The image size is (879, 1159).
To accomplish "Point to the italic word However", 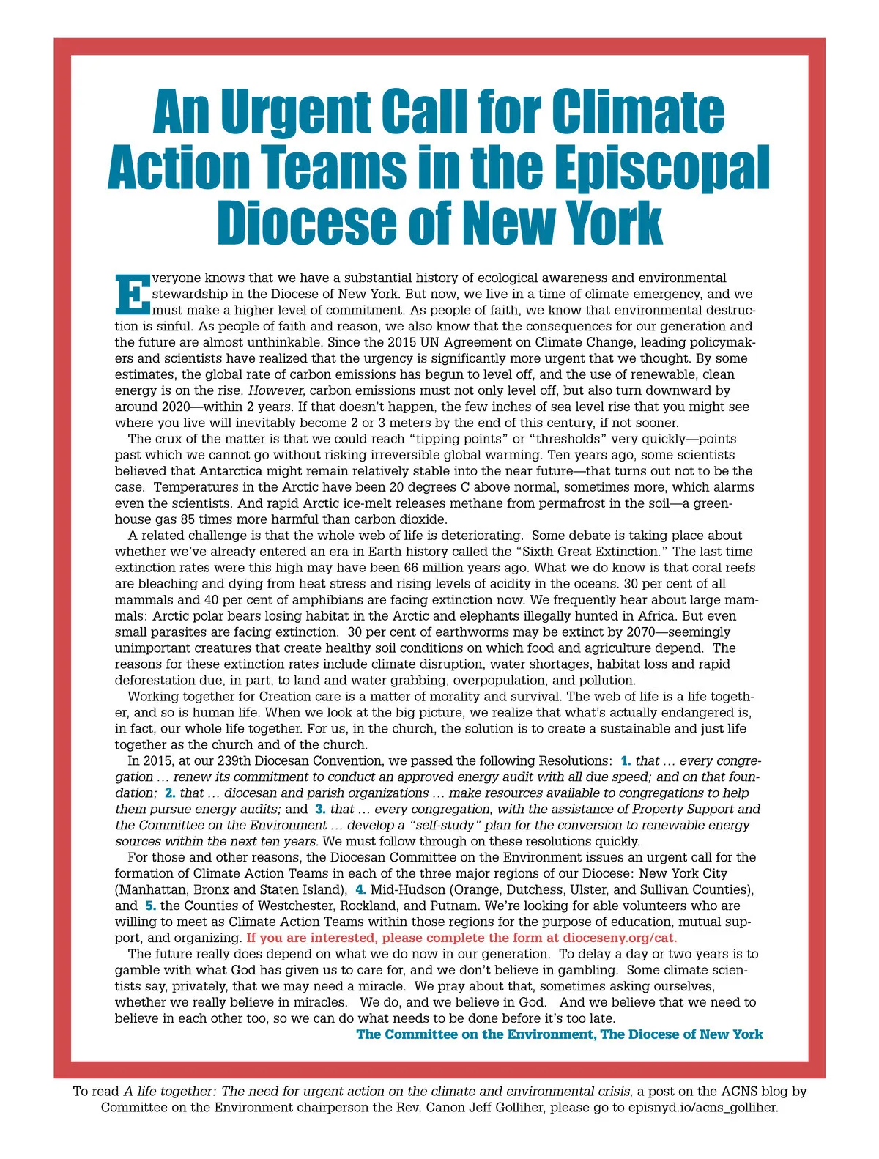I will (276, 390).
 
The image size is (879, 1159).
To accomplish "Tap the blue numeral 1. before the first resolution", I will (626, 760).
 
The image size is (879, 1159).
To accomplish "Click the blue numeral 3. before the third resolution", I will (320, 809).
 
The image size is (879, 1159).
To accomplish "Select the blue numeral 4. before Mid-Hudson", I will (360, 889).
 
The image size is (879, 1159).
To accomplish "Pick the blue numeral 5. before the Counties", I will (150, 906).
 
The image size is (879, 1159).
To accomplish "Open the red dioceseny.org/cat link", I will (620, 938).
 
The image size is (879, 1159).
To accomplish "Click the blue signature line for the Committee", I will (560, 1034).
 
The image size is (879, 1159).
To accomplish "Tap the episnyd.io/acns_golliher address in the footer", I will (702, 1107).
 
